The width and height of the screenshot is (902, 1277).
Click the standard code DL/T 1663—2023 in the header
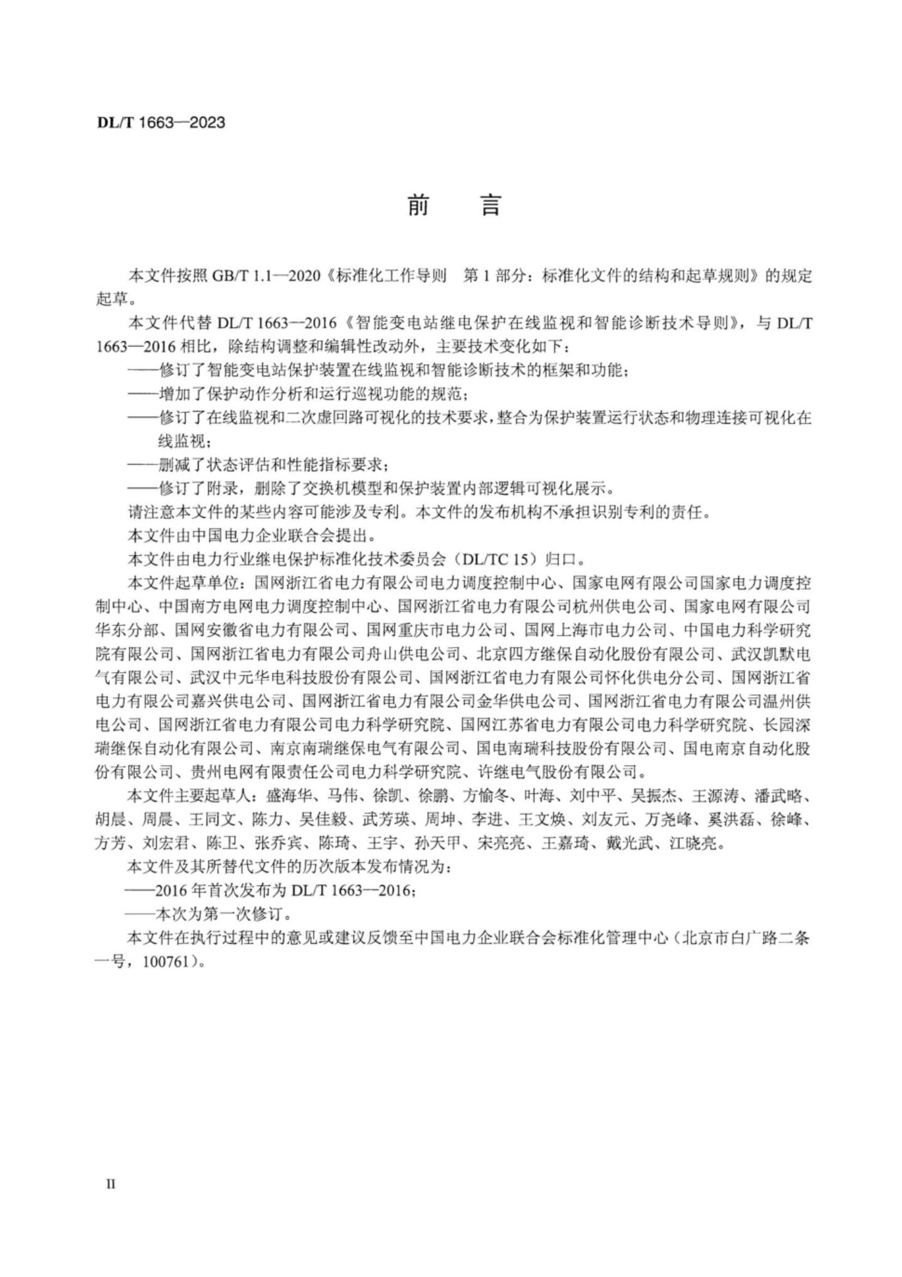[161, 122]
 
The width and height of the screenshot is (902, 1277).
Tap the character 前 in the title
[418, 205]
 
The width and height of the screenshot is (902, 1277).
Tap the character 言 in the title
[491, 205]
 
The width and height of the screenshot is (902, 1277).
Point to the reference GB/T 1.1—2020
[267, 276]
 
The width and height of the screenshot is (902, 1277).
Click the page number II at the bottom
[111, 1184]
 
